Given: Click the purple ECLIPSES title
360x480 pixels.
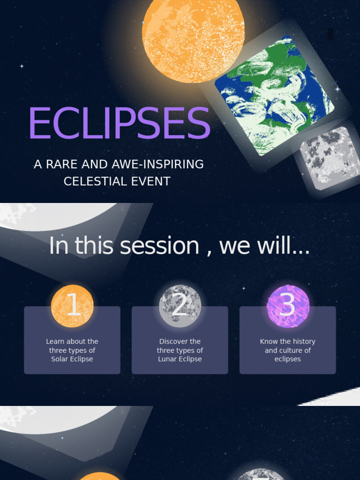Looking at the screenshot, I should (x=119, y=123).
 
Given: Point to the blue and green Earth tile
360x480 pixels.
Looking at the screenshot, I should (x=274, y=96).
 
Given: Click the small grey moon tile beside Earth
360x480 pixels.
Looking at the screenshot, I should (x=330, y=157).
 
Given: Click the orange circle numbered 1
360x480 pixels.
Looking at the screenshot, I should (x=72, y=306).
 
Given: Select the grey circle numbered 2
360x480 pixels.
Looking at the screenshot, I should (x=180, y=306).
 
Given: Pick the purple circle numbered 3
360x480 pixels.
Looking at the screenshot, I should (x=288, y=306).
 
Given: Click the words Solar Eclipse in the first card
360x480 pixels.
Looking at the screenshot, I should (x=72, y=359).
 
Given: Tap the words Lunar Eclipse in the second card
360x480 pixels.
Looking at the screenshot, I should (x=180, y=359).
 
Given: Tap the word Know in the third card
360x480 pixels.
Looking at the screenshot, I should (x=269, y=342).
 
